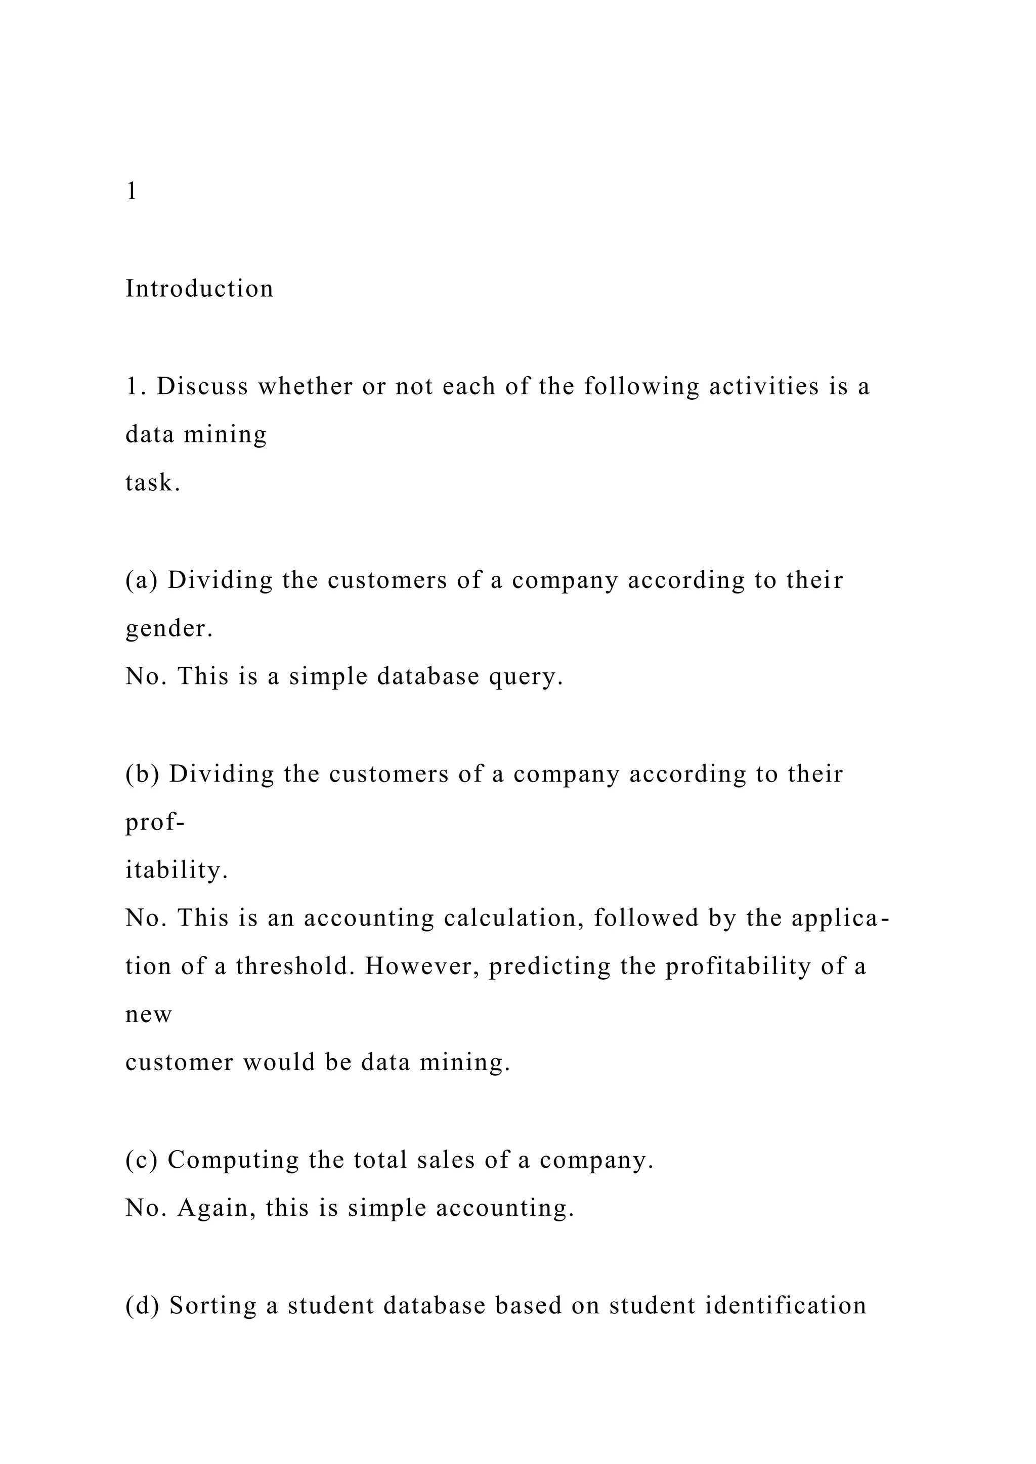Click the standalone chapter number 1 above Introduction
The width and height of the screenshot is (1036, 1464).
132,191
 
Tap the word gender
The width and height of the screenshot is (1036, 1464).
169,629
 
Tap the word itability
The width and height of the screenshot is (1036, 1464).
177,871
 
